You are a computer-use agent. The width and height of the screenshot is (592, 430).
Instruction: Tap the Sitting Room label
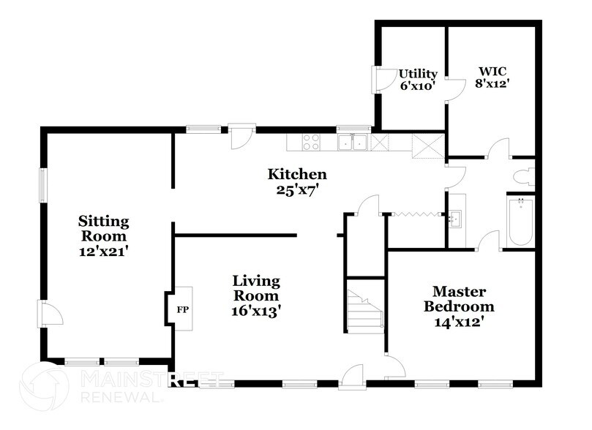click(x=104, y=229)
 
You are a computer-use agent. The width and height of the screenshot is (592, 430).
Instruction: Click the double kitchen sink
click(x=353, y=141)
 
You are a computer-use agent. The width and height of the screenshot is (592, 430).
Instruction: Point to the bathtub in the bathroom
click(x=520, y=221)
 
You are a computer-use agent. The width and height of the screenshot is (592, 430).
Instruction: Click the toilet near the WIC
click(x=524, y=177)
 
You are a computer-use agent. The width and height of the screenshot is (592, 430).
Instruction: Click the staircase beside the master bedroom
click(x=365, y=310)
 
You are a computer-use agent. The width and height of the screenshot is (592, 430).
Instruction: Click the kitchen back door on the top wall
click(x=241, y=137)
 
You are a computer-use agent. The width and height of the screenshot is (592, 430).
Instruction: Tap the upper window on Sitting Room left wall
click(x=42, y=185)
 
